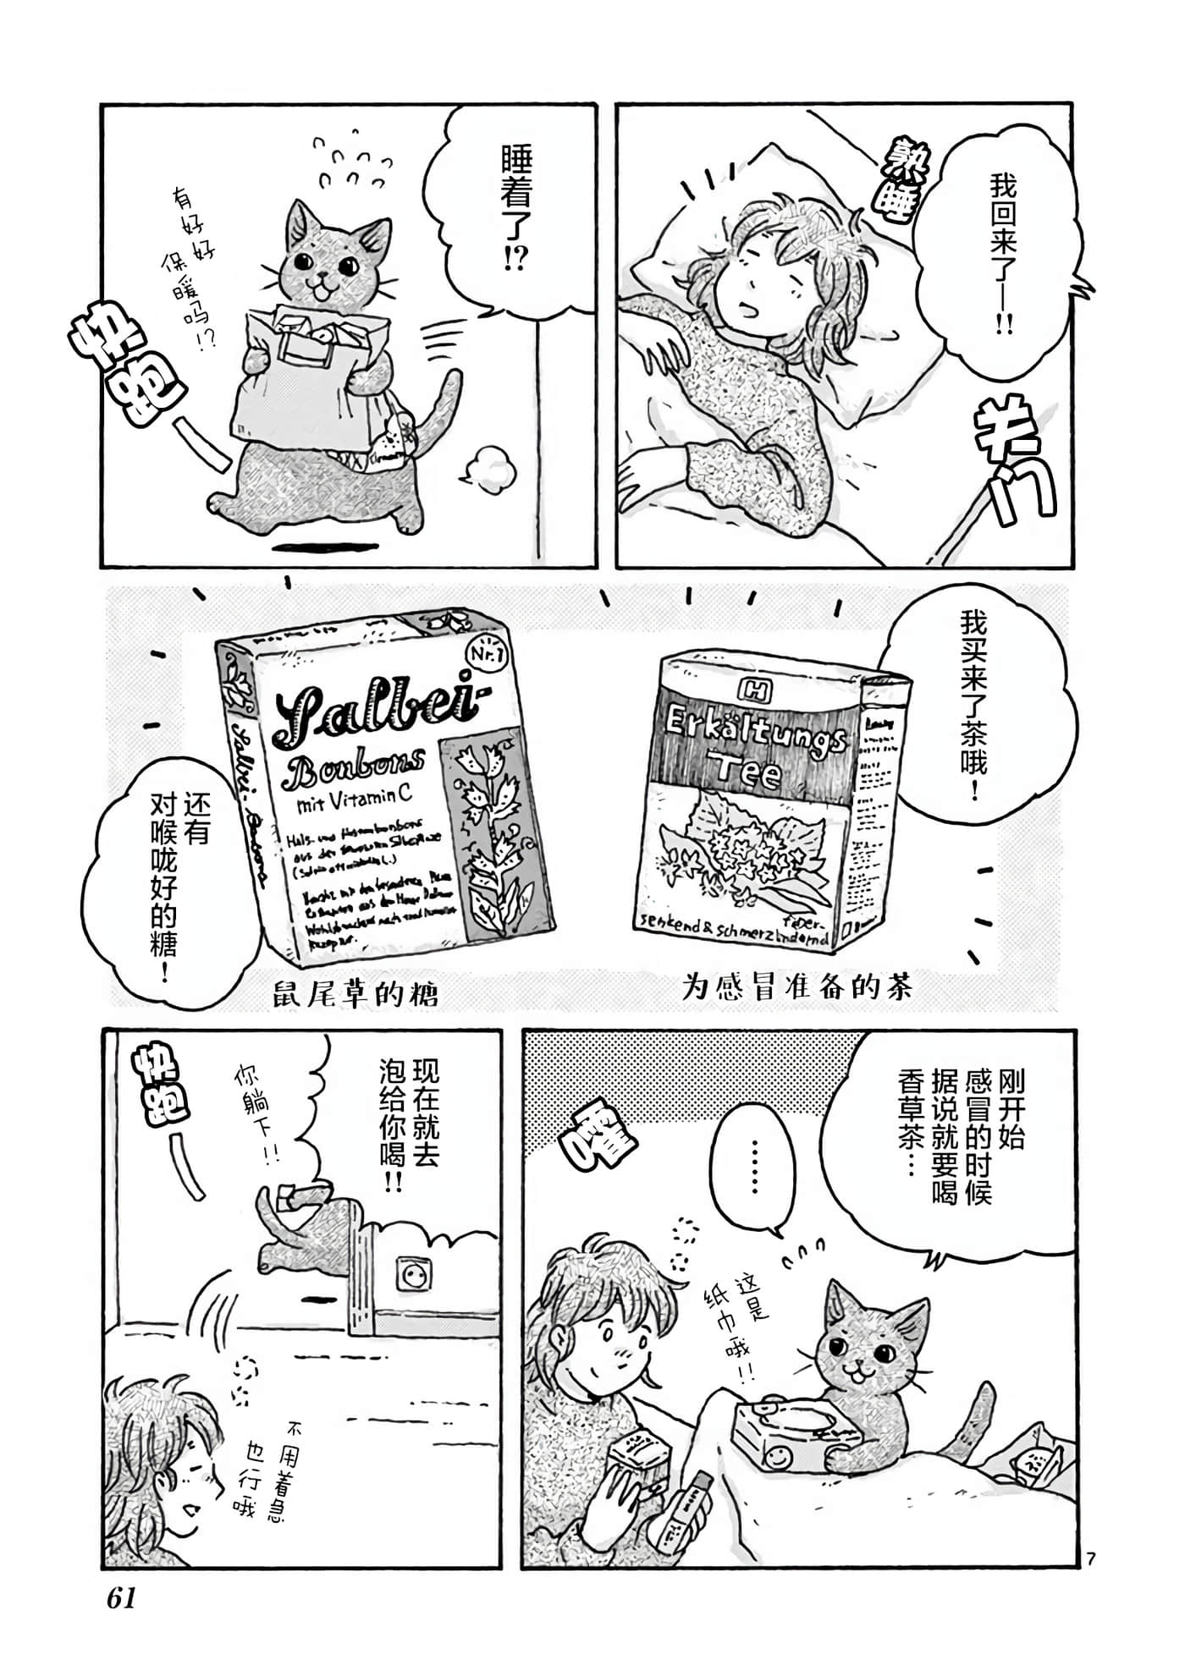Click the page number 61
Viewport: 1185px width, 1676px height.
coord(122,1598)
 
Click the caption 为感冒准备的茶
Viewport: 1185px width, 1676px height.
coord(797,987)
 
